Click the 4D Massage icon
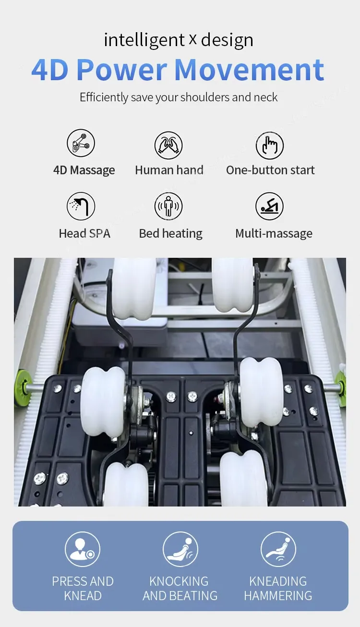pos(81,143)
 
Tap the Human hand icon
pos(168,145)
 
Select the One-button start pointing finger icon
pos(270,145)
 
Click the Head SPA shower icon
pos(81,206)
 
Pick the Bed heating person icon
pos(168,206)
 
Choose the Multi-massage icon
pos(269,206)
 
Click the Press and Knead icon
pos(83,549)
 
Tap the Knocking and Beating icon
pos(180,549)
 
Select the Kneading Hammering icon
pos(278,549)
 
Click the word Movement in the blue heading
pos(249,70)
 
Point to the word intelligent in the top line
pos(144,40)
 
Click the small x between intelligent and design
pos(192,40)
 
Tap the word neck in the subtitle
pos(265,97)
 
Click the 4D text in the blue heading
pos(50,70)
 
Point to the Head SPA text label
pos(84,233)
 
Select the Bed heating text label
pos(171,234)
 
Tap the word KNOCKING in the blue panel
pos(179,581)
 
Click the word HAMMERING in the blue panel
pos(278,596)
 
